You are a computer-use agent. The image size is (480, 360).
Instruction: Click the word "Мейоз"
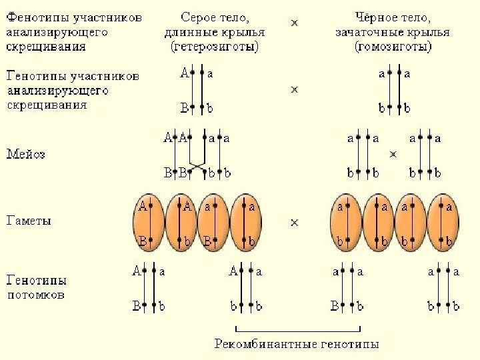[26, 155]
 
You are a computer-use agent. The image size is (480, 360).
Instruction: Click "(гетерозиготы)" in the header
[214, 47]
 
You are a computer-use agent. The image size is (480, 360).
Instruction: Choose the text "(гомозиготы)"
[393, 47]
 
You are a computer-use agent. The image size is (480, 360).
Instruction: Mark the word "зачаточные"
[373, 32]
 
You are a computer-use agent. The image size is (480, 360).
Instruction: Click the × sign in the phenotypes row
[294, 23]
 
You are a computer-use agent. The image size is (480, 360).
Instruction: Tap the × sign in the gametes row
[294, 222]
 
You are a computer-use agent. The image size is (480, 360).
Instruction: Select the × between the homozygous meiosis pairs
[393, 154]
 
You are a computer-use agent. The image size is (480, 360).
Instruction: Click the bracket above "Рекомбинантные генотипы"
[298, 329]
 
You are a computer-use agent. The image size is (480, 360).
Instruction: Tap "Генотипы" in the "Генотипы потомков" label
[36, 281]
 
